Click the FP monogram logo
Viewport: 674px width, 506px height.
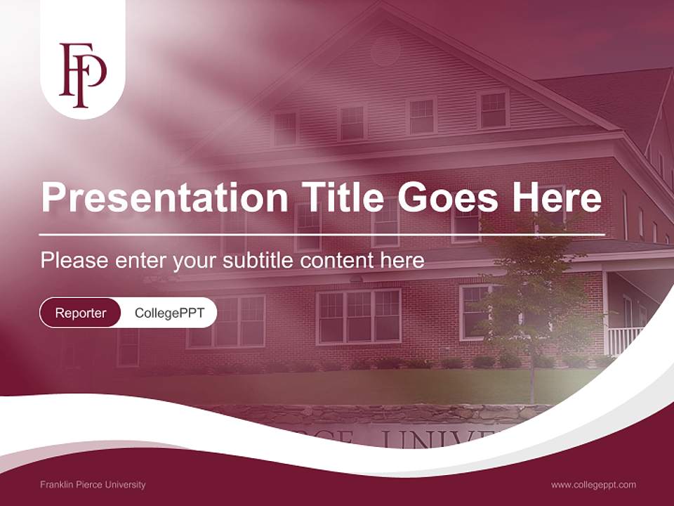point(82,74)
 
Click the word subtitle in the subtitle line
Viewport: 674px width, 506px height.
point(258,261)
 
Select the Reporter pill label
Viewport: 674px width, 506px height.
point(80,313)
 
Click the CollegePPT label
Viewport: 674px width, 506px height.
point(168,313)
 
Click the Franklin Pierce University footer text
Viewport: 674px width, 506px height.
point(93,484)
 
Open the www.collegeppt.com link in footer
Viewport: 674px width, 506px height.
point(593,484)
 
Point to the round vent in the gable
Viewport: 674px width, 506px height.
point(385,51)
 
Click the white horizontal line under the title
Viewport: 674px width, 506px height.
point(322,234)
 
